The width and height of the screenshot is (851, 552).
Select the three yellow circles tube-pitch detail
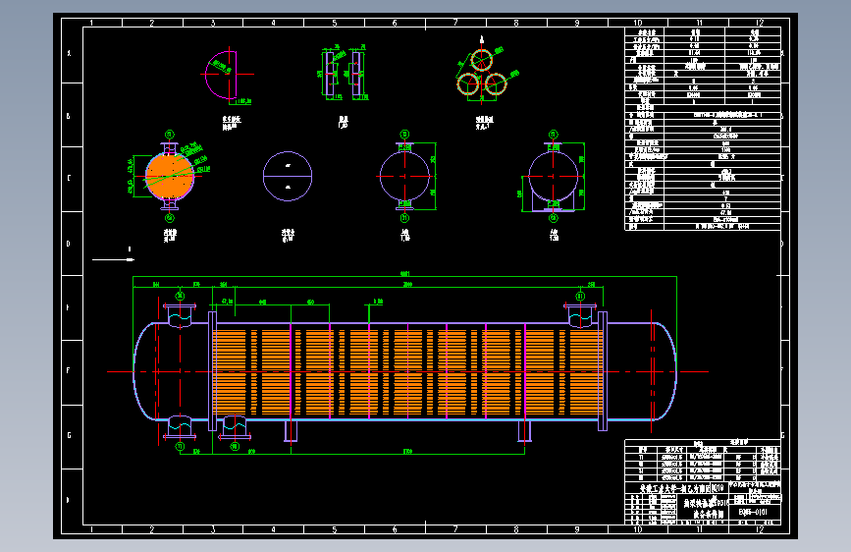coord(481,73)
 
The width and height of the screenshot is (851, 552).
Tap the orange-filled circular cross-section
coord(170,175)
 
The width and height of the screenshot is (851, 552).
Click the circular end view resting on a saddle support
coord(554,177)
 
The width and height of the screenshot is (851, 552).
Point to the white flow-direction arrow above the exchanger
coord(115,259)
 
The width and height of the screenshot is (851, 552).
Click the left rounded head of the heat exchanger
coord(145,371)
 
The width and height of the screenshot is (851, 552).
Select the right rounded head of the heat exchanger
coord(665,371)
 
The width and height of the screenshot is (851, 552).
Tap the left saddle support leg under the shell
coord(292,430)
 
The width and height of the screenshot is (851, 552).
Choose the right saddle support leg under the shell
coord(525,430)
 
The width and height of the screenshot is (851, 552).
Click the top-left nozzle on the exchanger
coord(180,315)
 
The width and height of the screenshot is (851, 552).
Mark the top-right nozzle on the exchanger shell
coord(580,315)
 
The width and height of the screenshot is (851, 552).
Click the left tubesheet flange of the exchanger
coord(212,371)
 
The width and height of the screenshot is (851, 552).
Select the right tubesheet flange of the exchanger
coord(602,371)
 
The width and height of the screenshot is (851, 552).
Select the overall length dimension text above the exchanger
coord(404,274)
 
